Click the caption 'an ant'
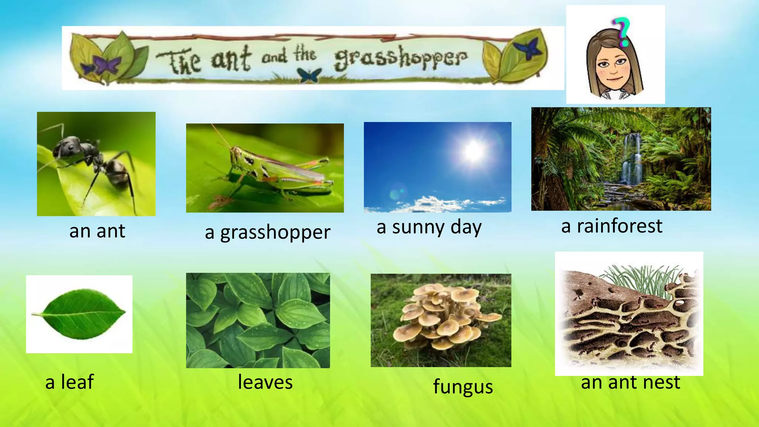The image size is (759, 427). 97,231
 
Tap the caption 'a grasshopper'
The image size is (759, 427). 267,233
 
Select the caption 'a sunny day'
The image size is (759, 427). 429,227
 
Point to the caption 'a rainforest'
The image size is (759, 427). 611,226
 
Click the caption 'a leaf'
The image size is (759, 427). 69,382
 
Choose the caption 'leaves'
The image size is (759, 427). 265,382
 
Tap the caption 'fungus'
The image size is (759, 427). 463,387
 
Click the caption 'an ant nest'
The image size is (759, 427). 630,382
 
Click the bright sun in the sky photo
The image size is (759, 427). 473,151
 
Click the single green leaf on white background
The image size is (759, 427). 79,314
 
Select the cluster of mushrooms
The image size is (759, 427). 446,315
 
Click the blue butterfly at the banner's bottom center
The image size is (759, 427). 309,75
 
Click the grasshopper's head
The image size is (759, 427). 238,155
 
